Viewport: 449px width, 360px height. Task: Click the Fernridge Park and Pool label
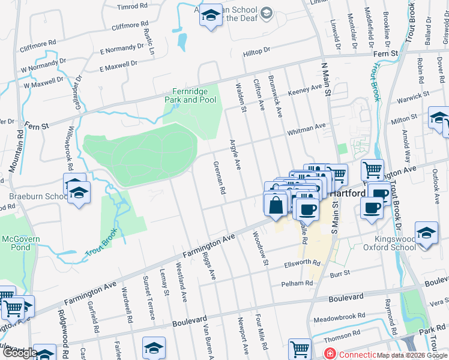point(190,95)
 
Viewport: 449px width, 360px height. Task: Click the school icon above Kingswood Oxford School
point(426,233)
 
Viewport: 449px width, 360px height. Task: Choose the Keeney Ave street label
point(305,89)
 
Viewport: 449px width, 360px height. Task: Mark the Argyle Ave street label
point(235,154)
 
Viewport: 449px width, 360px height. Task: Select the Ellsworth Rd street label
point(303,263)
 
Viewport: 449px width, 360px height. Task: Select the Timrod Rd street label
point(133,7)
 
